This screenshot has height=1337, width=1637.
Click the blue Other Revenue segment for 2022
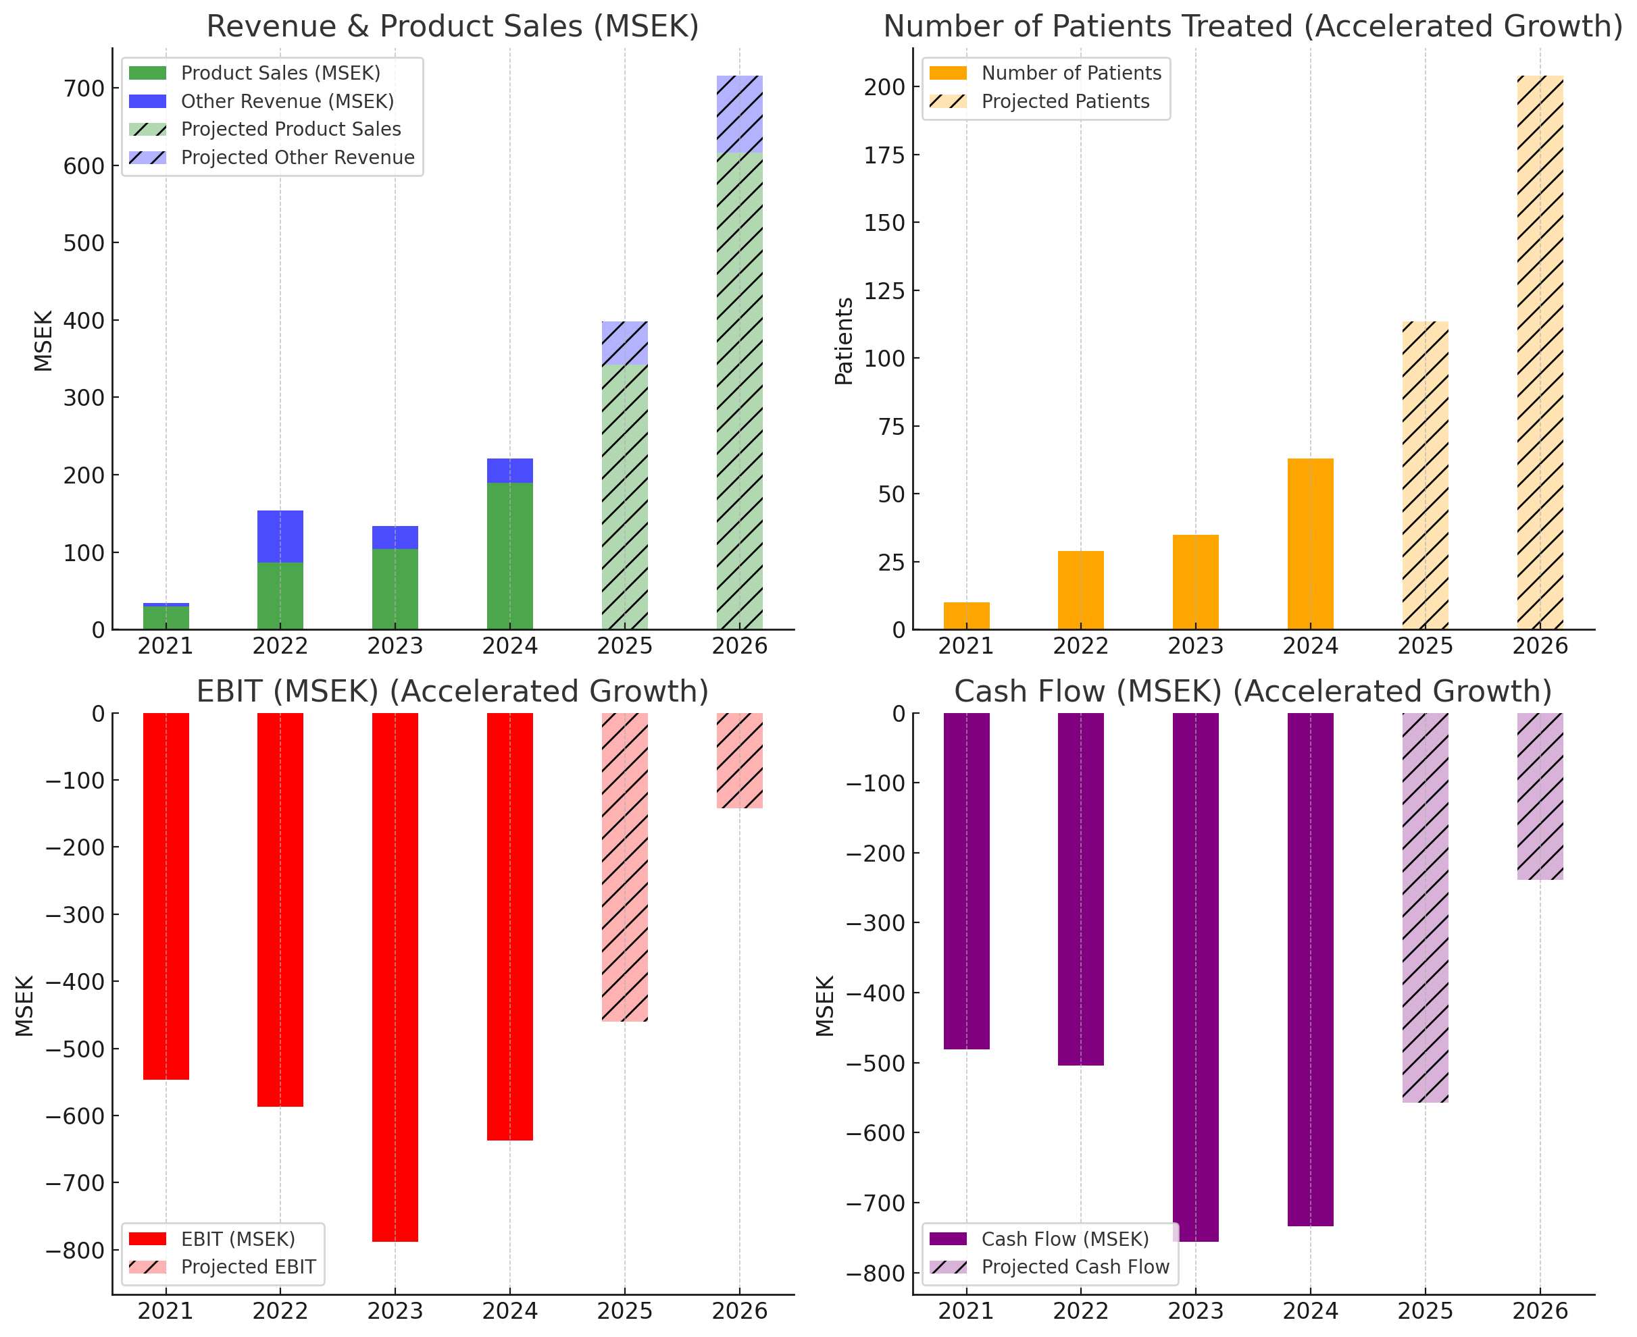coord(280,536)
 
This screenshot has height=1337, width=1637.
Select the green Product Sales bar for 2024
coord(509,556)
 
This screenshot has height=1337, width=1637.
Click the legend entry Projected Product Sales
coord(291,130)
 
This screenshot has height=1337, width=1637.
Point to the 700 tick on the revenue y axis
coord(83,88)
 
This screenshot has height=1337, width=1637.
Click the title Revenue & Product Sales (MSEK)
coord(452,26)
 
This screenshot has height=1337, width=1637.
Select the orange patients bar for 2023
coord(1195,582)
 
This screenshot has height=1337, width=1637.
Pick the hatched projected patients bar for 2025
coord(1424,475)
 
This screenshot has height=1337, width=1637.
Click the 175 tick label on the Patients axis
coord(884,155)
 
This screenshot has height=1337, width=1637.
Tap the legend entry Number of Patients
coord(1070,73)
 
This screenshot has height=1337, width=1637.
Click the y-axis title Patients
coord(845,340)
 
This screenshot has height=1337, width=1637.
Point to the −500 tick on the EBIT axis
coord(76,1049)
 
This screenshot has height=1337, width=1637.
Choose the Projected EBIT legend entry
coord(247,1267)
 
